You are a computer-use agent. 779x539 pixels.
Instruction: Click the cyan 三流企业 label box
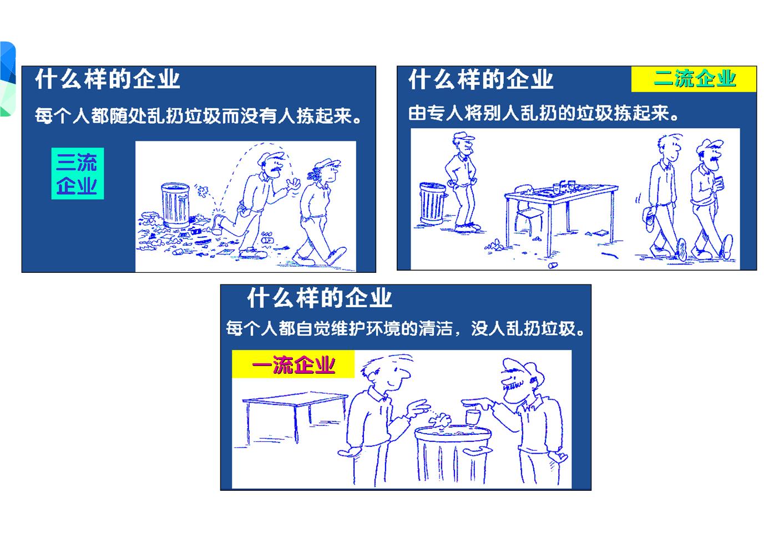(x=78, y=174)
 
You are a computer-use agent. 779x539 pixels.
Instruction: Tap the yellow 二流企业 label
(x=694, y=79)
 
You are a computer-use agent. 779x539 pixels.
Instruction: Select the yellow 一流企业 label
(x=293, y=364)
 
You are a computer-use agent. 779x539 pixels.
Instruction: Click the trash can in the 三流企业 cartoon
(x=175, y=205)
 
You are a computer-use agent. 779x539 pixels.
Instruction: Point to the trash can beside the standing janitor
(x=433, y=204)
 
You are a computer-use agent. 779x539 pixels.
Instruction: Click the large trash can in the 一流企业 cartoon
(x=453, y=454)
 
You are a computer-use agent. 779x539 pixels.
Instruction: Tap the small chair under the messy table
(x=529, y=217)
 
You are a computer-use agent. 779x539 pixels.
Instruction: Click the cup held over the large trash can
(x=473, y=417)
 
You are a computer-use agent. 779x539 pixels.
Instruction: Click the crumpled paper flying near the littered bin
(x=202, y=191)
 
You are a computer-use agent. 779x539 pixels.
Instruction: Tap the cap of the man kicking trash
(x=270, y=157)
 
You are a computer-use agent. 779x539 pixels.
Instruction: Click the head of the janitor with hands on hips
(x=464, y=144)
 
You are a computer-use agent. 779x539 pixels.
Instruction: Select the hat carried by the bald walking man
(x=649, y=218)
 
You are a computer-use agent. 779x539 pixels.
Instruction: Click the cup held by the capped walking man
(x=719, y=181)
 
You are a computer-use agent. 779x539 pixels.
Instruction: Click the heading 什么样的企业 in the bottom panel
(x=320, y=298)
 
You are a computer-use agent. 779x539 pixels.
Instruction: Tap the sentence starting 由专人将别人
(x=543, y=113)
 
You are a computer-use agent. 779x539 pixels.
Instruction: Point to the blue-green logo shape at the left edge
(x=7, y=79)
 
